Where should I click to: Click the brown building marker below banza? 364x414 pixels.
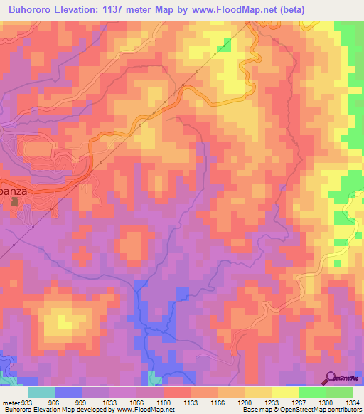point(14,202)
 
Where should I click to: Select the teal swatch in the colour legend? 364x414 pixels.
point(41,391)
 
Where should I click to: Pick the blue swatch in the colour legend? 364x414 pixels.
point(68,391)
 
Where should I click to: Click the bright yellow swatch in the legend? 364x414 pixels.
point(284,391)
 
